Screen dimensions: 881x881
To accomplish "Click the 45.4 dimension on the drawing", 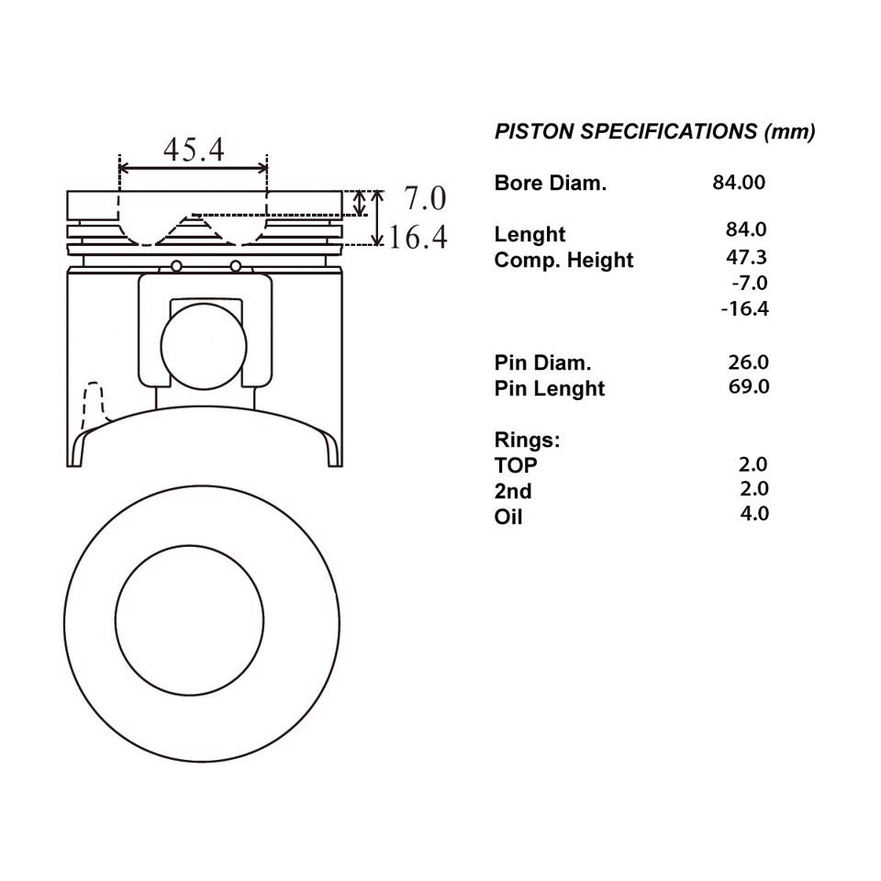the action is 194,150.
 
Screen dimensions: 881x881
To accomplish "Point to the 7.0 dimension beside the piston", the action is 425,198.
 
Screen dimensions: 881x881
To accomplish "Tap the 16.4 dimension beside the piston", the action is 418,237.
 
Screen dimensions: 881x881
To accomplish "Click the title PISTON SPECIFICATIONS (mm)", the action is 654,131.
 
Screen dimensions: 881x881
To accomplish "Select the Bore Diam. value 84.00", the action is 739,183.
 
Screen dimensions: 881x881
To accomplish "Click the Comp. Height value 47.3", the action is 746,257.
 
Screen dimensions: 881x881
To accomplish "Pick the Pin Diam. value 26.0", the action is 749,362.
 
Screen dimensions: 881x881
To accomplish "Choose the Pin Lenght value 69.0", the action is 749,386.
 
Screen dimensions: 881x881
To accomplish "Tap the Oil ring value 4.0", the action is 754,514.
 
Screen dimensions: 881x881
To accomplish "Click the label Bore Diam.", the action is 551,184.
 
